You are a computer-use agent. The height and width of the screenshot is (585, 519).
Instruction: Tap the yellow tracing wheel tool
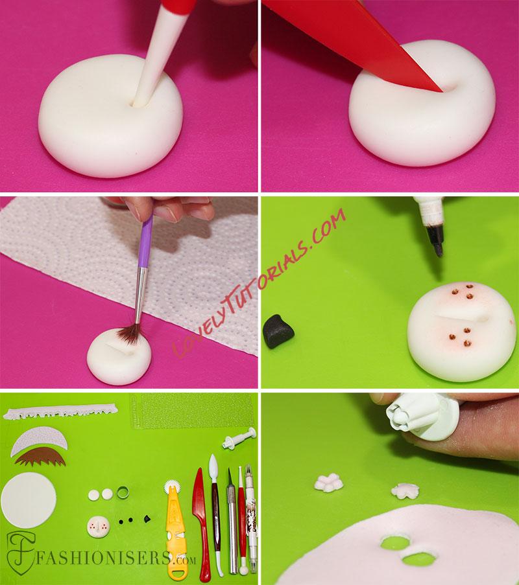click(x=175, y=534)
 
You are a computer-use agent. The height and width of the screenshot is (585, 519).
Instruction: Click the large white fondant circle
click(x=29, y=500)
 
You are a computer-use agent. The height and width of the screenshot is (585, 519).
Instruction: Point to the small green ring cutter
click(x=123, y=492)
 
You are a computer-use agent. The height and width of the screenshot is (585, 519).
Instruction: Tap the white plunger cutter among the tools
click(x=239, y=439)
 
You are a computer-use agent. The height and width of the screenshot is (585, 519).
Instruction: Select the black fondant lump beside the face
click(x=278, y=331)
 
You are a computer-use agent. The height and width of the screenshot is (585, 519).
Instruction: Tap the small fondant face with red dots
click(x=99, y=527)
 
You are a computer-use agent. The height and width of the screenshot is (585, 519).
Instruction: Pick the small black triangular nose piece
click(x=147, y=518)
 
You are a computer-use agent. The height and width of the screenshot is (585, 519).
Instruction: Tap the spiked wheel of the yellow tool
click(x=171, y=486)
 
